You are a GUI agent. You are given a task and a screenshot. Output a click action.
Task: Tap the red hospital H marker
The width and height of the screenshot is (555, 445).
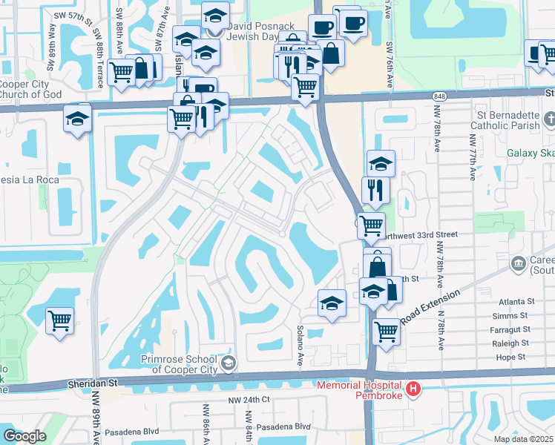click(x=413, y=389)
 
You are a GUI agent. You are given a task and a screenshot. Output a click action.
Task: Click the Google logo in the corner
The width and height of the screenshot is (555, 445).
click(x=24, y=436)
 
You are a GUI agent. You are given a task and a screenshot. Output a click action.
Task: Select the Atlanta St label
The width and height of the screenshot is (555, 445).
click(x=516, y=302)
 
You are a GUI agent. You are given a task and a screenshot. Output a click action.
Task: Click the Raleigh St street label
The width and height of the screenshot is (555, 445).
click(x=510, y=343)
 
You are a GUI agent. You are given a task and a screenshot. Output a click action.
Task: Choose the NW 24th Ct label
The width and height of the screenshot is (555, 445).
click(x=250, y=400)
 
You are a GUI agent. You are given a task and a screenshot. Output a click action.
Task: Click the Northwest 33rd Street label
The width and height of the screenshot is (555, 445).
click(x=419, y=234)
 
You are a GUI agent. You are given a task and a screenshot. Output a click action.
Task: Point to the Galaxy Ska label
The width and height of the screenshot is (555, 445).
click(x=530, y=154)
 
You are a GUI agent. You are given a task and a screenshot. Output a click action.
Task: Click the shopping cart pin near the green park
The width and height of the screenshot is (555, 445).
click(x=59, y=322)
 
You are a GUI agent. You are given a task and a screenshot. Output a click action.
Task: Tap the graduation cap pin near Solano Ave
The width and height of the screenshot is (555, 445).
click(x=332, y=303)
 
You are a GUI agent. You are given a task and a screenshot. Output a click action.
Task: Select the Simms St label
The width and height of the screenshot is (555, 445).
click(x=516, y=316)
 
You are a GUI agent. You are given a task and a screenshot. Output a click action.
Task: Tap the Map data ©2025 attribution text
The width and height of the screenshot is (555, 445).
click(x=524, y=439)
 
